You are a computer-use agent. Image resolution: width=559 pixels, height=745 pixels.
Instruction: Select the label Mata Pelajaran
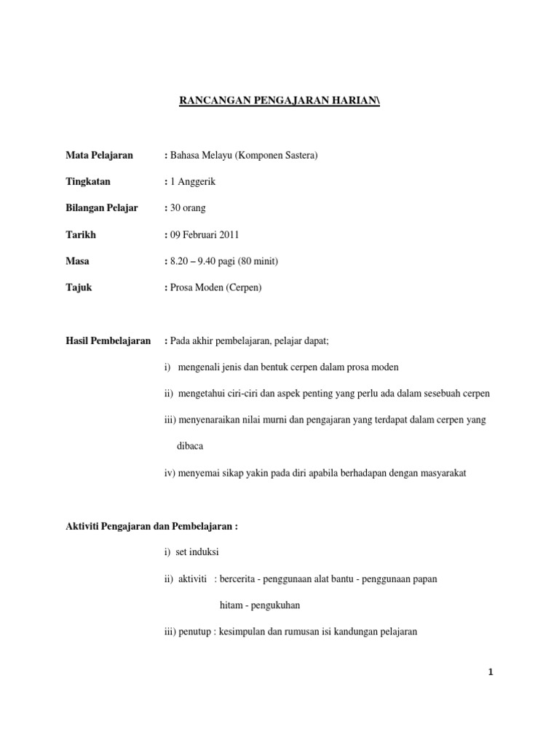(x=99, y=156)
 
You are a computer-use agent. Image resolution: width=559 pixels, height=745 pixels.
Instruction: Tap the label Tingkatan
(x=88, y=182)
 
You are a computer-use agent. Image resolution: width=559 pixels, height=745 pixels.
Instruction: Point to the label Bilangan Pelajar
(x=101, y=208)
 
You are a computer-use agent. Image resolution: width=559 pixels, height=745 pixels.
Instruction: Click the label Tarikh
(x=81, y=235)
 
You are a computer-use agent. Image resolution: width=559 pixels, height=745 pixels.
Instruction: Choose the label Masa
(x=78, y=261)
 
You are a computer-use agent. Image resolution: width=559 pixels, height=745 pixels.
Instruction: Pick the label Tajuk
(x=79, y=287)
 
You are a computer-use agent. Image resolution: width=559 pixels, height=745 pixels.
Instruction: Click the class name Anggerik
(x=199, y=182)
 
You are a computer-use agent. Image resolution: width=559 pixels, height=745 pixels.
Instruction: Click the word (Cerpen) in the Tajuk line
(x=243, y=287)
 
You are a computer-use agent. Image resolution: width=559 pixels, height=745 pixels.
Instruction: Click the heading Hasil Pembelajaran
(x=108, y=340)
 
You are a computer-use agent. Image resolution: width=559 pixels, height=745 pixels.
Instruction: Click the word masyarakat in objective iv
(x=440, y=473)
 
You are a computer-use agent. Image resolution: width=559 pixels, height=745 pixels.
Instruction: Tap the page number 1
(x=491, y=673)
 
